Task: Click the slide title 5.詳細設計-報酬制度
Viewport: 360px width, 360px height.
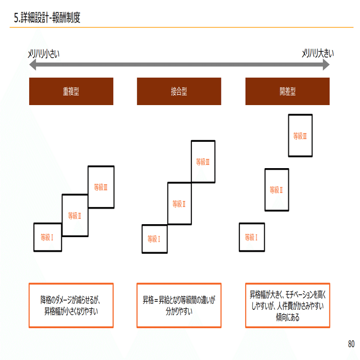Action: tap(47, 18)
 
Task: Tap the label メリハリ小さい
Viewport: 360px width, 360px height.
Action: tap(44, 53)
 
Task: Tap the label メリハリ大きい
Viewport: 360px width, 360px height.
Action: tap(317, 53)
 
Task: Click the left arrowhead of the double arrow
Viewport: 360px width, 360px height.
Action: tap(32, 65)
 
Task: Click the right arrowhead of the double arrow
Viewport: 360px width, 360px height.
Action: tap(326, 65)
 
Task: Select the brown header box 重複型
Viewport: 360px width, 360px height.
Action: tap(71, 91)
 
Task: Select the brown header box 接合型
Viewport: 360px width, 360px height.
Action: tap(179, 91)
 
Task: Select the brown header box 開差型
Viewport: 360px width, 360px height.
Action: tap(287, 91)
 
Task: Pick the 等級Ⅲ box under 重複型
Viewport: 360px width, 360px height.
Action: tap(101, 187)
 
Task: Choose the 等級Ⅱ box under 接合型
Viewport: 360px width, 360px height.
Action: tap(179, 204)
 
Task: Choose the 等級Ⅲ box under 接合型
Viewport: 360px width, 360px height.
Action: tap(203, 161)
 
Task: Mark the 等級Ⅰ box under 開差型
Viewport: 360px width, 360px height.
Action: tap(252, 237)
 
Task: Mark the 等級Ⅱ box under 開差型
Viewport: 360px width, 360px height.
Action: tap(276, 190)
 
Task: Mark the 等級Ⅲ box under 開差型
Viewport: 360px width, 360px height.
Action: tap(300, 136)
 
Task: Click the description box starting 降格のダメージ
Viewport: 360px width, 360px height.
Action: tap(71, 305)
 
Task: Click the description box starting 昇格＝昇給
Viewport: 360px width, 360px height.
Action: tap(179, 305)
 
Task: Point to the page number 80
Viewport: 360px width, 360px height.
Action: tap(351, 344)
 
